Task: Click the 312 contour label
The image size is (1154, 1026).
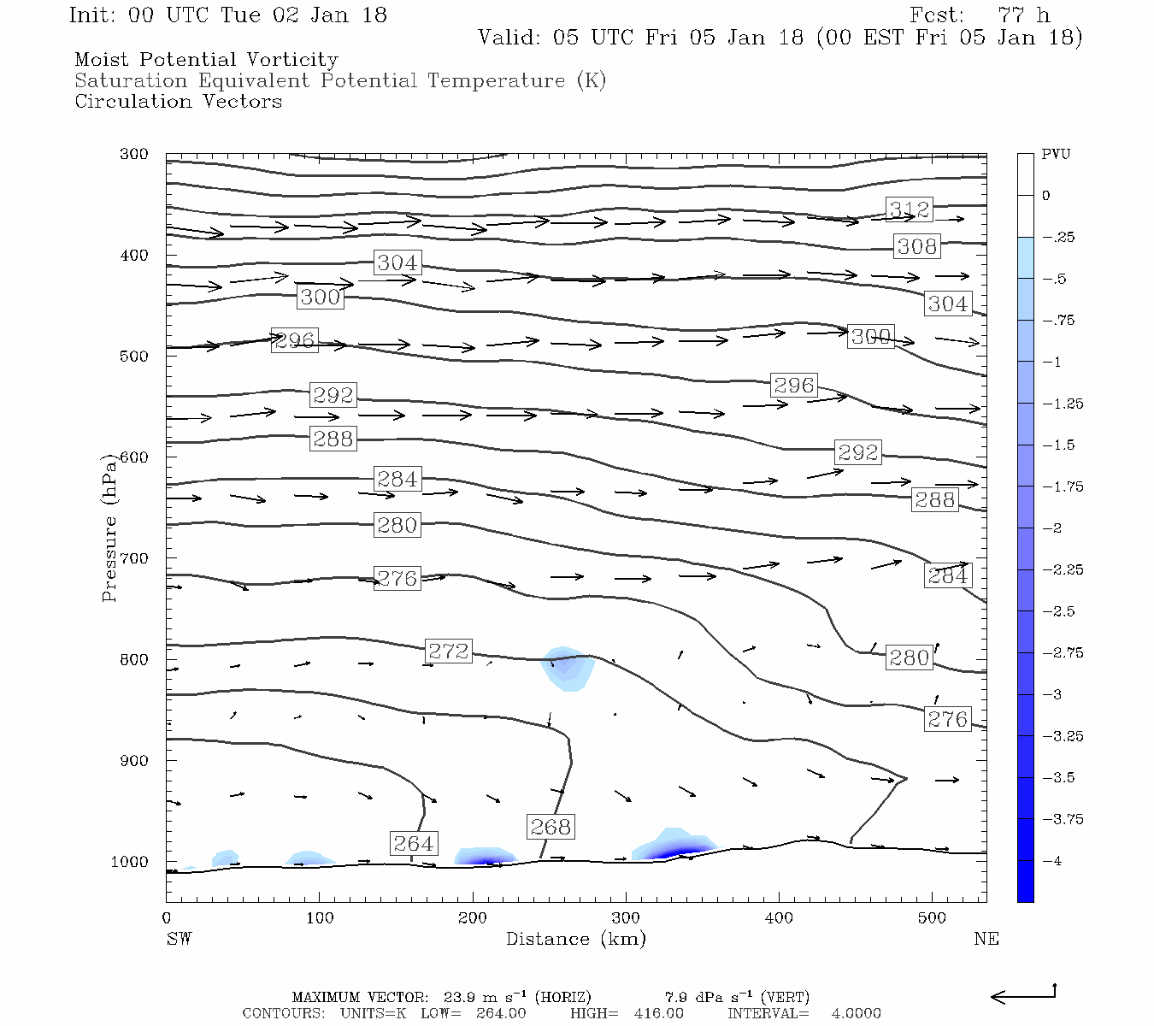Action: point(909,209)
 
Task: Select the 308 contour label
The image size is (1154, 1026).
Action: point(917,247)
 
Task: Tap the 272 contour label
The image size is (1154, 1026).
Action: point(449,652)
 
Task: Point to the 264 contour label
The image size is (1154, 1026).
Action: point(414,844)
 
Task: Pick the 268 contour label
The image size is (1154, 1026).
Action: point(551,827)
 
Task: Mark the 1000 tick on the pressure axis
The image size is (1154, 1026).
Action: point(130,862)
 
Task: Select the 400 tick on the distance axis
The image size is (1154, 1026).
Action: point(779,918)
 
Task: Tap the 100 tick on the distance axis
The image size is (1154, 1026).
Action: point(320,918)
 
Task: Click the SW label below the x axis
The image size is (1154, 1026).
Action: point(179,939)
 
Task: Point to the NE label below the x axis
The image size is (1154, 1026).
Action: point(986,939)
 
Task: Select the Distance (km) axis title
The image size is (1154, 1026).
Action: point(576,939)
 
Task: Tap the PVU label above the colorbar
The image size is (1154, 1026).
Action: point(1056,155)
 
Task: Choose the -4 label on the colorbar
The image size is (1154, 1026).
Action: point(1053,861)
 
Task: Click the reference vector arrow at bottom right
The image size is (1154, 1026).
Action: point(1023,995)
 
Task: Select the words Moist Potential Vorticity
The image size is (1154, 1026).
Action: point(206,60)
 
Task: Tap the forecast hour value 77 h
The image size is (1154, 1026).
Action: point(1023,15)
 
